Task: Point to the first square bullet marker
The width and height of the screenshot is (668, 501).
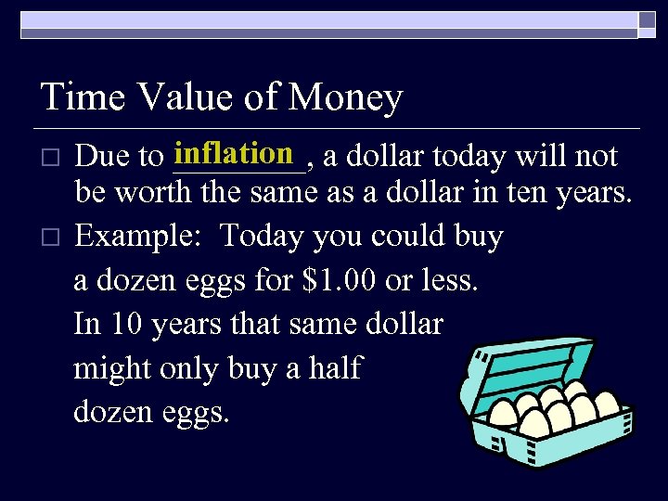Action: tap(51, 158)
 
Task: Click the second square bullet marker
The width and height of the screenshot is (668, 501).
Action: tap(51, 238)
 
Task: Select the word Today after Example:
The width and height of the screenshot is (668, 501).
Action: tap(262, 237)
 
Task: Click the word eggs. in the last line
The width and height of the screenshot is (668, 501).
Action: tap(193, 411)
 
